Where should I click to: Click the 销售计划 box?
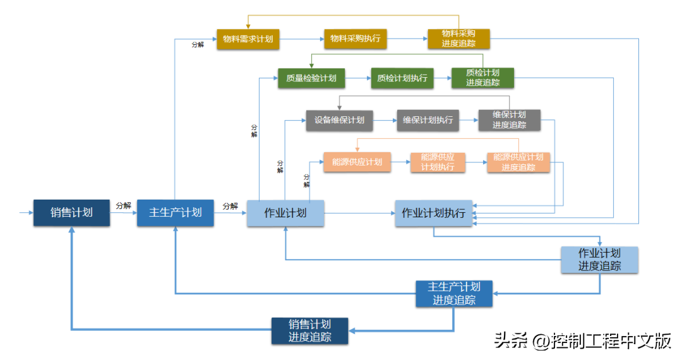[x=71, y=213]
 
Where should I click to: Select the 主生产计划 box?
[x=175, y=213]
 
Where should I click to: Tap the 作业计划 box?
[x=285, y=213]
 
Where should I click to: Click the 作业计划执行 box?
[x=433, y=213]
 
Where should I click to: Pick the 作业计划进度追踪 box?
[x=599, y=260]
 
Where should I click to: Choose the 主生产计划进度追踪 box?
[x=453, y=294]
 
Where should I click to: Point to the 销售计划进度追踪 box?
[x=309, y=331]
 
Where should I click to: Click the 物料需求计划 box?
[x=248, y=39]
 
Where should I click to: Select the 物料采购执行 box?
[x=355, y=39]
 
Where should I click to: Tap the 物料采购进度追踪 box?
[x=458, y=39]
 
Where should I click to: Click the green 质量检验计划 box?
[x=311, y=78]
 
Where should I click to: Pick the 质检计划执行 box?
[x=402, y=78]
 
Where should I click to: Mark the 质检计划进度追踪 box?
[x=482, y=78]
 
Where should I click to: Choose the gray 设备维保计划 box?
[x=339, y=121]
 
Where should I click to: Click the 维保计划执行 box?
[x=428, y=121]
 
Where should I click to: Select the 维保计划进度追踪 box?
[x=509, y=120]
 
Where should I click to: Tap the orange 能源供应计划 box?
[x=357, y=162]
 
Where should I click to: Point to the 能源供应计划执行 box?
[x=438, y=162]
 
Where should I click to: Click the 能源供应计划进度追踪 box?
[x=518, y=162]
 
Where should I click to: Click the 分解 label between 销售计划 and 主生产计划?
[x=123, y=206]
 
